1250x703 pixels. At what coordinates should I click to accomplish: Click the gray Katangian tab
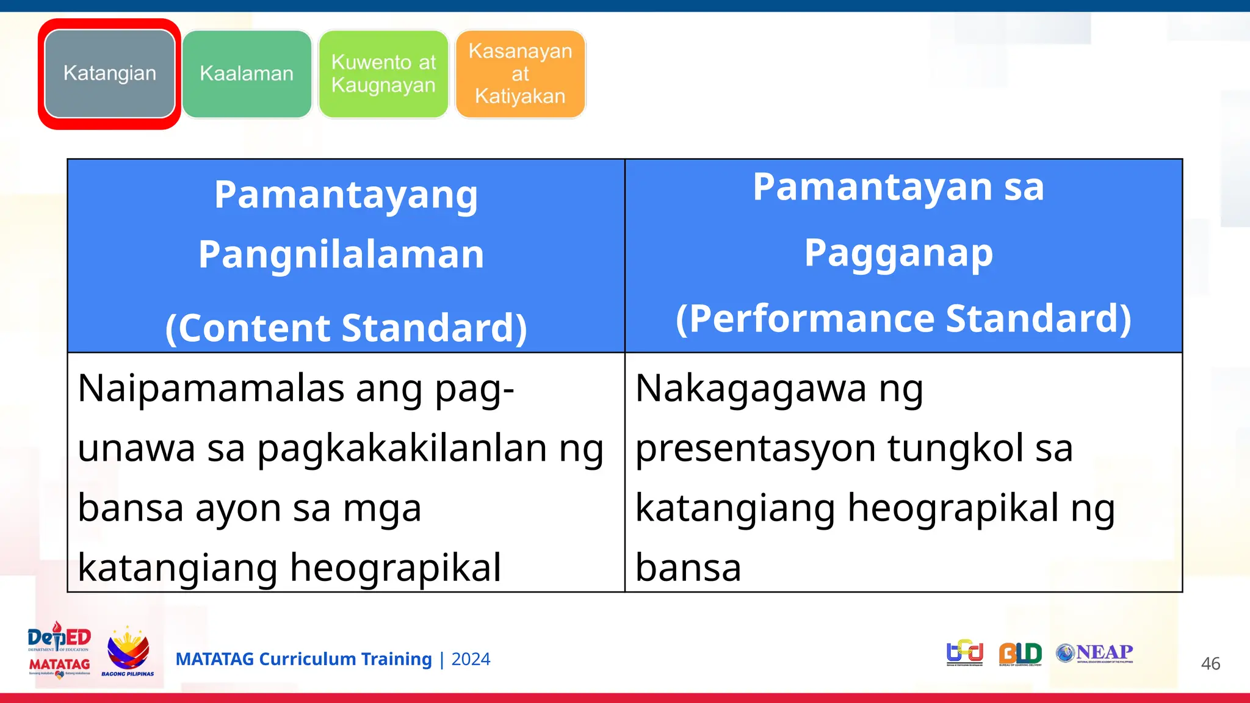pos(110,73)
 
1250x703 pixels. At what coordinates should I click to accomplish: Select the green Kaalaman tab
pos(247,74)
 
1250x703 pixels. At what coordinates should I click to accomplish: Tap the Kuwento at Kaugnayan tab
pos(383,74)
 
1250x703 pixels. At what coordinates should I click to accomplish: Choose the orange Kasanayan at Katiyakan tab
pos(520,74)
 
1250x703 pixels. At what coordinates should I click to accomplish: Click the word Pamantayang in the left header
pos(345,196)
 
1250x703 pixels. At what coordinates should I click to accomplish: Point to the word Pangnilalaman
pos(341,254)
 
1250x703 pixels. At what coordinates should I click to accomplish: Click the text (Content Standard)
pos(345,328)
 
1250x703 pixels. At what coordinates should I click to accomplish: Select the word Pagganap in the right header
pos(898,253)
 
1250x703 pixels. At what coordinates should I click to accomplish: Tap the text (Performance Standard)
pos(903,319)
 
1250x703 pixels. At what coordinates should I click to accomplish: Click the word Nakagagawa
pos(751,388)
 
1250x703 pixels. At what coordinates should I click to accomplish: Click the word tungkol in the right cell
pos(955,449)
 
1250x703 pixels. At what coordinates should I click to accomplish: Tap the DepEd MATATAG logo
pos(59,651)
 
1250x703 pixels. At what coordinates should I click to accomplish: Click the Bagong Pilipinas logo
pos(128,652)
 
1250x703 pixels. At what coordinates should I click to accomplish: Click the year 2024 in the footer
pos(471,660)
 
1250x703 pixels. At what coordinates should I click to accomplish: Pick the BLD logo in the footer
pos(1020,654)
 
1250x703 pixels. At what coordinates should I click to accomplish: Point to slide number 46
pos(1210,664)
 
